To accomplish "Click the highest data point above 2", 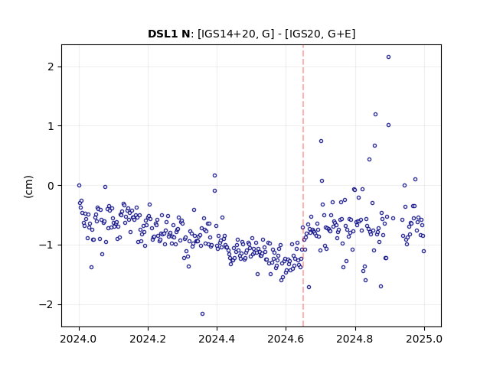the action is tap(388, 57).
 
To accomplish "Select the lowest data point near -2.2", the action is tap(202, 314).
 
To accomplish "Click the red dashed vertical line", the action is tap(303, 186).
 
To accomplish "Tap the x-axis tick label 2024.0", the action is tap(79, 339).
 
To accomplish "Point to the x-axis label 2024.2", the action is tap(148, 339).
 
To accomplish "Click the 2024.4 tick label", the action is tap(217, 339).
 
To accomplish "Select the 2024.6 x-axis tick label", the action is tap(286, 339).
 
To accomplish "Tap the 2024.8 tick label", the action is tap(354, 339).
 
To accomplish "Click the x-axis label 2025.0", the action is tap(424, 339).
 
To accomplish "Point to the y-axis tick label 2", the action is tap(51, 67).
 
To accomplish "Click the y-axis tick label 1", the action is tap(51, 126).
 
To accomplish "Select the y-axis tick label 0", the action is tap(51, 186).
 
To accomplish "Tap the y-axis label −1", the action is tap(47, 245).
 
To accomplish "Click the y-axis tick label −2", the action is tap(47, 304).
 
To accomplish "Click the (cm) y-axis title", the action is tap(28, 187).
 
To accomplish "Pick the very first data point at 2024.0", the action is tap(79, 185).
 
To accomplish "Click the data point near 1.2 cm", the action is tap(376, 115).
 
